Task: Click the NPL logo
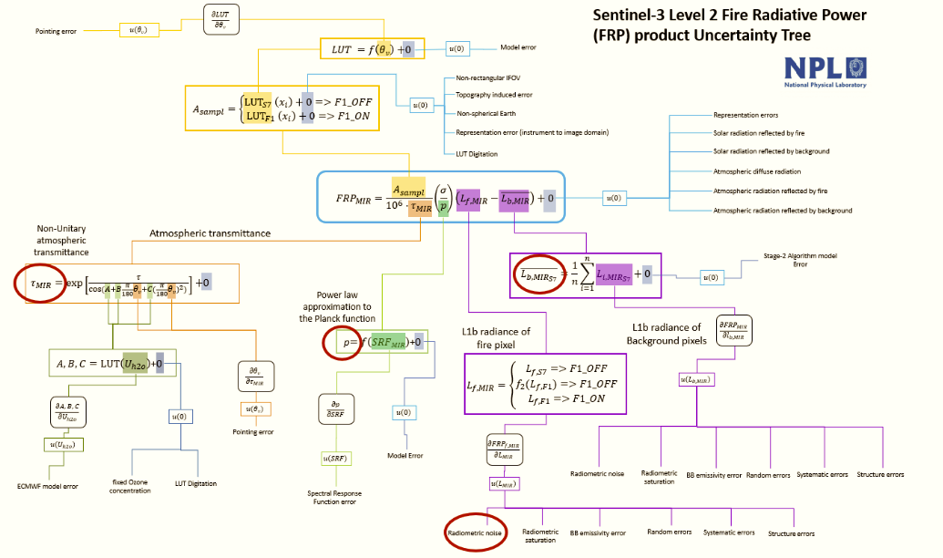tap(825, 71)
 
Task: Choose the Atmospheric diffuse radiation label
tap(757, 171)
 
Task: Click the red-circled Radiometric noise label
tap(474, 532)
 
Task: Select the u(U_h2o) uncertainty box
tap(64, 444)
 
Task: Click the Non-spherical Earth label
tap(484, 113)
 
